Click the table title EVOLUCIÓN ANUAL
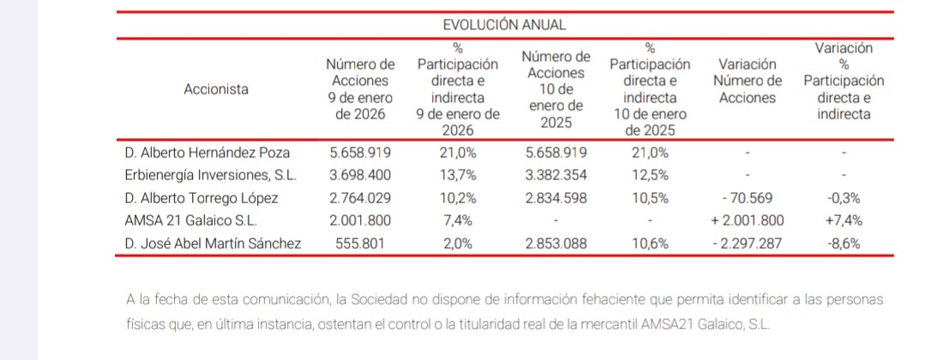click(504, 25)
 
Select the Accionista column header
click(216, 88)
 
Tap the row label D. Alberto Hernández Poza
click(207, 153)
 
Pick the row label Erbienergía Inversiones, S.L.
click(211, 176)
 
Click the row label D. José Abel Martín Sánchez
click(213, 243)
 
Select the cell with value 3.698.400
click(360, 176)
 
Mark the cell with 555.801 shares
click(360, 243)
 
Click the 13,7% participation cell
click(458, 176)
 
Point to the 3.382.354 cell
click(555, 176)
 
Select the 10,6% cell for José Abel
click(649, 243)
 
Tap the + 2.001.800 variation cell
click(747, 220)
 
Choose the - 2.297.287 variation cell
click(747, 243)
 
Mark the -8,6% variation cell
click(844, 243)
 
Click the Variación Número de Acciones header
click(747, 81)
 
